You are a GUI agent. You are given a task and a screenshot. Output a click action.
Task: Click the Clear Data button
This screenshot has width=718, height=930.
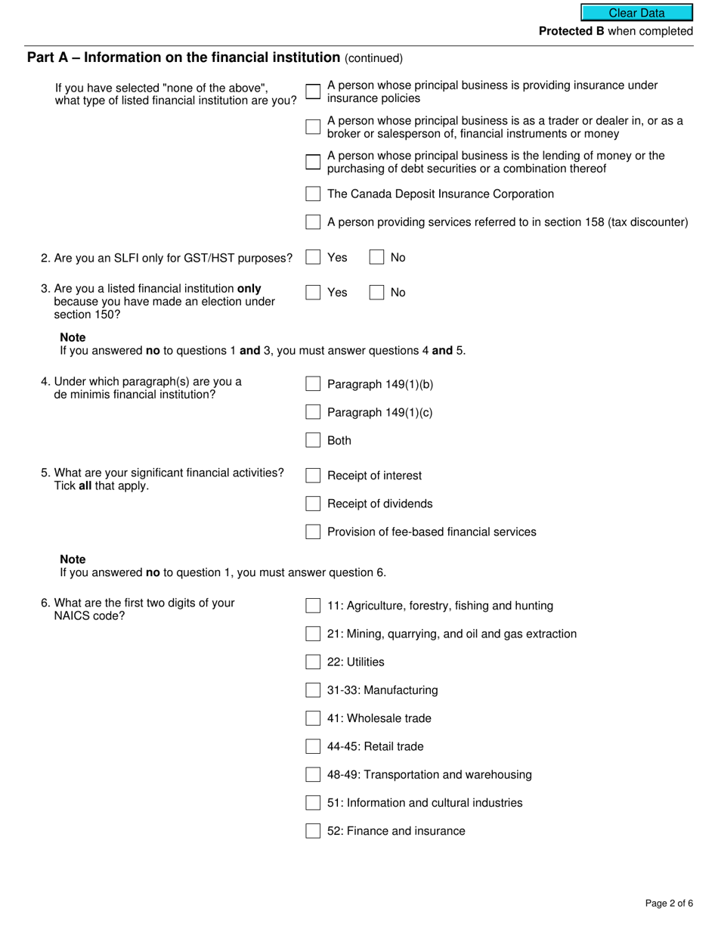pos(636,13)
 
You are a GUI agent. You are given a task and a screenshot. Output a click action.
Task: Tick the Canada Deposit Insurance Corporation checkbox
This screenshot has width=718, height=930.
pos(313,194)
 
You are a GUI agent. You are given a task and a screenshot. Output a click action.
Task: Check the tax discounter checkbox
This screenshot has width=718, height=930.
pos(313,222)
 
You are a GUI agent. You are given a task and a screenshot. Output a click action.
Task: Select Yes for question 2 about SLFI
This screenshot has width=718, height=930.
pos(313,258)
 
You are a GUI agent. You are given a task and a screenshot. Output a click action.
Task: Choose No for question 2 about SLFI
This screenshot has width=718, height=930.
pos(376,258)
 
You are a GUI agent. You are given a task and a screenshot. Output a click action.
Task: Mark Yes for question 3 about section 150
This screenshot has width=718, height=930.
pos(313,293)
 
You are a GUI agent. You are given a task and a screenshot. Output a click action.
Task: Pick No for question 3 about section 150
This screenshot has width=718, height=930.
pos(376,293)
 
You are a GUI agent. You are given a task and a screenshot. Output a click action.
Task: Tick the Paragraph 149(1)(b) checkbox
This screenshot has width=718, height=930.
pos(313,384)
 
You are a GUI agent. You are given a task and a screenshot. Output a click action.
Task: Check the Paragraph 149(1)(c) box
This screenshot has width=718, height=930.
pos(313,412)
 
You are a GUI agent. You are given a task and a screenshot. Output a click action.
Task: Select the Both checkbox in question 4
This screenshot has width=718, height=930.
pos(313,440)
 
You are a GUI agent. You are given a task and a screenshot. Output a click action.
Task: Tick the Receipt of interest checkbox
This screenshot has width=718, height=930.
pos(313,476)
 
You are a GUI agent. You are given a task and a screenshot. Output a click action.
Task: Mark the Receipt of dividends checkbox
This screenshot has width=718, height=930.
pos(313,504)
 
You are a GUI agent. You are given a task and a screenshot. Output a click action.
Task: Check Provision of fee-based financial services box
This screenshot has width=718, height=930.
pos(313,532)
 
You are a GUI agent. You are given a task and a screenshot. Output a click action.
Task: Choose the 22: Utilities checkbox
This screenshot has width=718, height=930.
pos(313,662)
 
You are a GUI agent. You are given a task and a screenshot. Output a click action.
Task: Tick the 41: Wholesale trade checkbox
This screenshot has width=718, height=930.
pos(313,718)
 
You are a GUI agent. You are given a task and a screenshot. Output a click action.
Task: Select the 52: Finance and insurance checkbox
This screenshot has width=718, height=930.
pos(313,831)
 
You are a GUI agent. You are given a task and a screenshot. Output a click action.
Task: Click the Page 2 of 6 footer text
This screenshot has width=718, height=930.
pos(669,903)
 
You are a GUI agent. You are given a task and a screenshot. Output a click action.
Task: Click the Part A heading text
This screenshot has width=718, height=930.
pos(184,57)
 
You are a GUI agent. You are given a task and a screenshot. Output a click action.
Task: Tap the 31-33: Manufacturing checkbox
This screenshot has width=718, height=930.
pos(313,690)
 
